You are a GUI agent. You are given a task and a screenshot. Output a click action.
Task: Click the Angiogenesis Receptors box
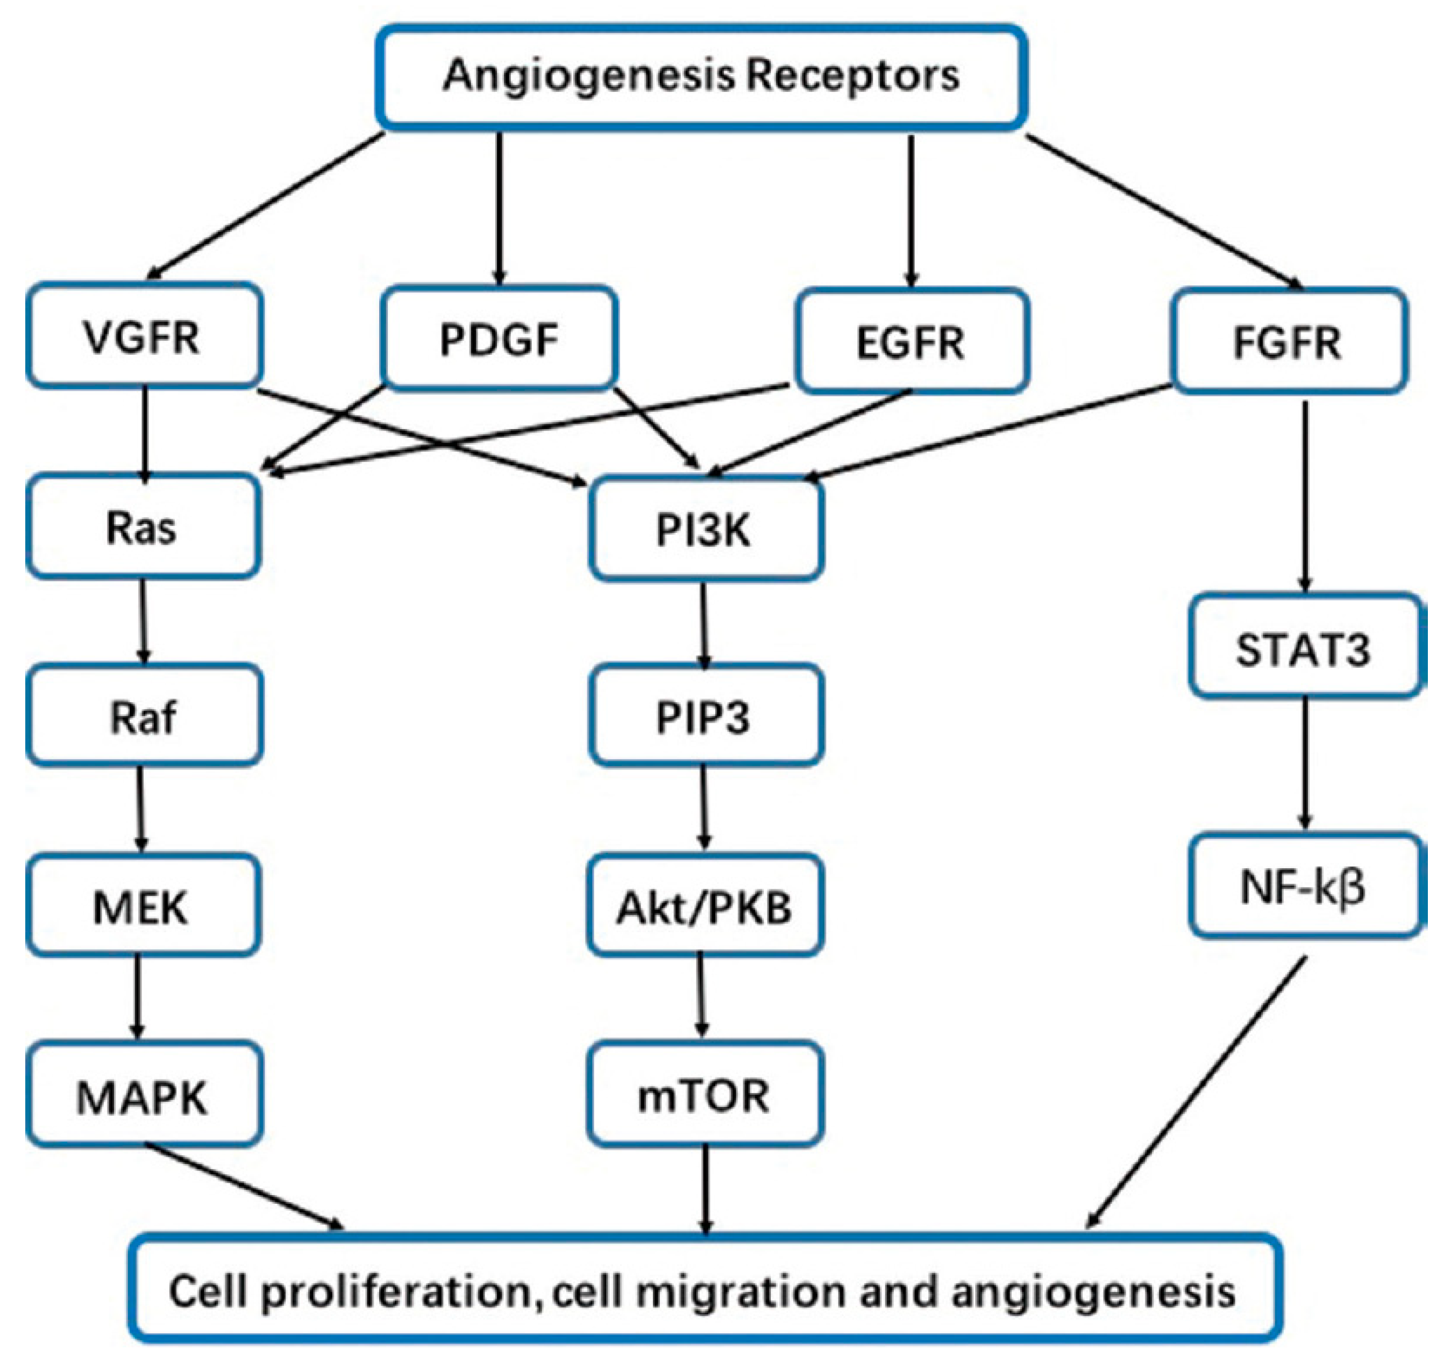[701, 77]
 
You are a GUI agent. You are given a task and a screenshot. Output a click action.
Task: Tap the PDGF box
[500, 338]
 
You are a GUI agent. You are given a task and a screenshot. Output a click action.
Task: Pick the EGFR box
[912, 341]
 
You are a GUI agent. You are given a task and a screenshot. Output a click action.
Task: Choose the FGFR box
[1288, 341]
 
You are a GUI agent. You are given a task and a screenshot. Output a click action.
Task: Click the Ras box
[143, 526]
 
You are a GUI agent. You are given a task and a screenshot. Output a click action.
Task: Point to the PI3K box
[705, 530]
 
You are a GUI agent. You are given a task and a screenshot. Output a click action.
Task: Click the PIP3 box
[705, 717]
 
